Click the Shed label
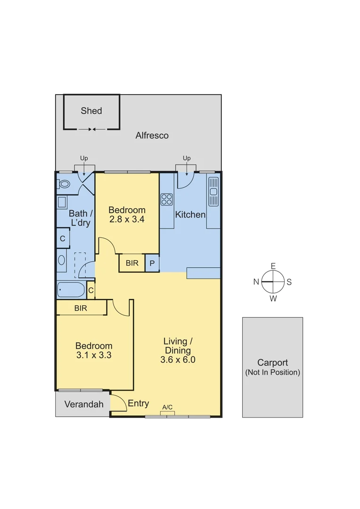(x=91, y=111)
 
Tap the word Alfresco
(x=152, y=136)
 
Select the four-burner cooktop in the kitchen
(x=166, y=199)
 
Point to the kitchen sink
(x=213, y=191)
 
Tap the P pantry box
(x=152, y=263)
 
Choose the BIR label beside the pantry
(x=132, y=263)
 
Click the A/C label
(x=167, y=407)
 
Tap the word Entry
(x=139, y=403)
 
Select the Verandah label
(x=84, y=404)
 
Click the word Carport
(x=272, y=363)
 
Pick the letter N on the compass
(x=256, y=282)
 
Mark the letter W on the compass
(x=273, y=298)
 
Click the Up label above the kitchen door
(x=187, y=158)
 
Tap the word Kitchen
(x=190, y=215)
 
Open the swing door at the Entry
(x=119, y=403)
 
